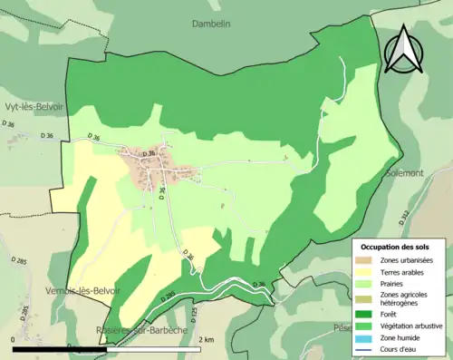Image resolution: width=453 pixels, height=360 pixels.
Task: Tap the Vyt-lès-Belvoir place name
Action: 37,106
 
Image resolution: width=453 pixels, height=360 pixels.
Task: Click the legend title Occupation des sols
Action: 396,247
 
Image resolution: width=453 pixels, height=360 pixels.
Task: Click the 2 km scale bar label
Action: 207,340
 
